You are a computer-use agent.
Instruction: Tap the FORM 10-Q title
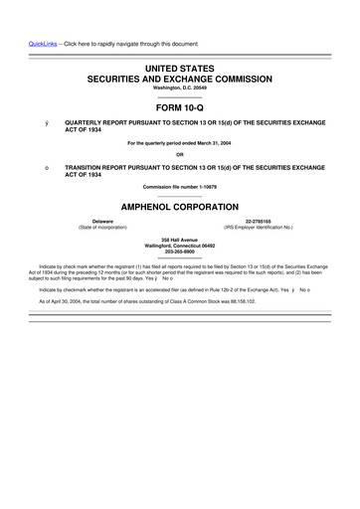pos(179,107)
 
